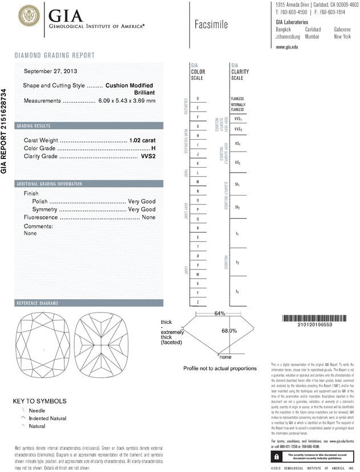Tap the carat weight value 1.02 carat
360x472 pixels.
[142, 140]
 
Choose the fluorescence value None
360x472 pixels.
[149, 218]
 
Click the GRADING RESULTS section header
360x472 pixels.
[34, 125]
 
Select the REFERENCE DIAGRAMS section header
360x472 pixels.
[39, 303]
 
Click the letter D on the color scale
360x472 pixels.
[198, 99]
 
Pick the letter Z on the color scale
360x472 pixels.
[198, 302]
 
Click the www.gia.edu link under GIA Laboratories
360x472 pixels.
[287, 47]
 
